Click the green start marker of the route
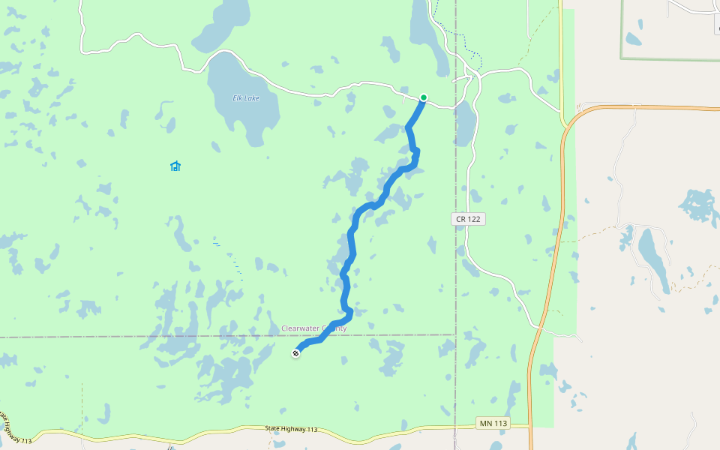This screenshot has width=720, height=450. pos(423,97)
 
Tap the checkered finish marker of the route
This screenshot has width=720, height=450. pos(295,352)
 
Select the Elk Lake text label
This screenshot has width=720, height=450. pos(245,98)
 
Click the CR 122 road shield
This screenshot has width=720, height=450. pos(469,219)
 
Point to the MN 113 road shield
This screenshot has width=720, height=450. pos(493,424)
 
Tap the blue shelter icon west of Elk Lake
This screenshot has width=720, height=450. pos(175,166)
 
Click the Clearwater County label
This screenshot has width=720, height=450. pos(313,328)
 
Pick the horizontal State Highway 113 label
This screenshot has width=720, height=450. pos(292,429)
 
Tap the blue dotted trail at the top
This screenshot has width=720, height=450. pos(459,33)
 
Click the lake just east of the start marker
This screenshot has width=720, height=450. pos(464,124)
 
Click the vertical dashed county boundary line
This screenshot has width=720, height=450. pos(455,285)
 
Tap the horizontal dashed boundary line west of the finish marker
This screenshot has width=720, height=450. pos(150,336)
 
